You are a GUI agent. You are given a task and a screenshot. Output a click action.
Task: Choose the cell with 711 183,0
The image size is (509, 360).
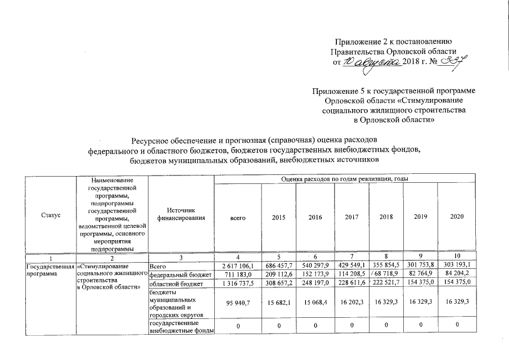(x=238, y=274)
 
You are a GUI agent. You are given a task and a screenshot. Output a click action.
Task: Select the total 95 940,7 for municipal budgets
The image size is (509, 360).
(x=238, y=303)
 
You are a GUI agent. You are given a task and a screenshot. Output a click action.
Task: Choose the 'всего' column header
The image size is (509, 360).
(x=238, y=217)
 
